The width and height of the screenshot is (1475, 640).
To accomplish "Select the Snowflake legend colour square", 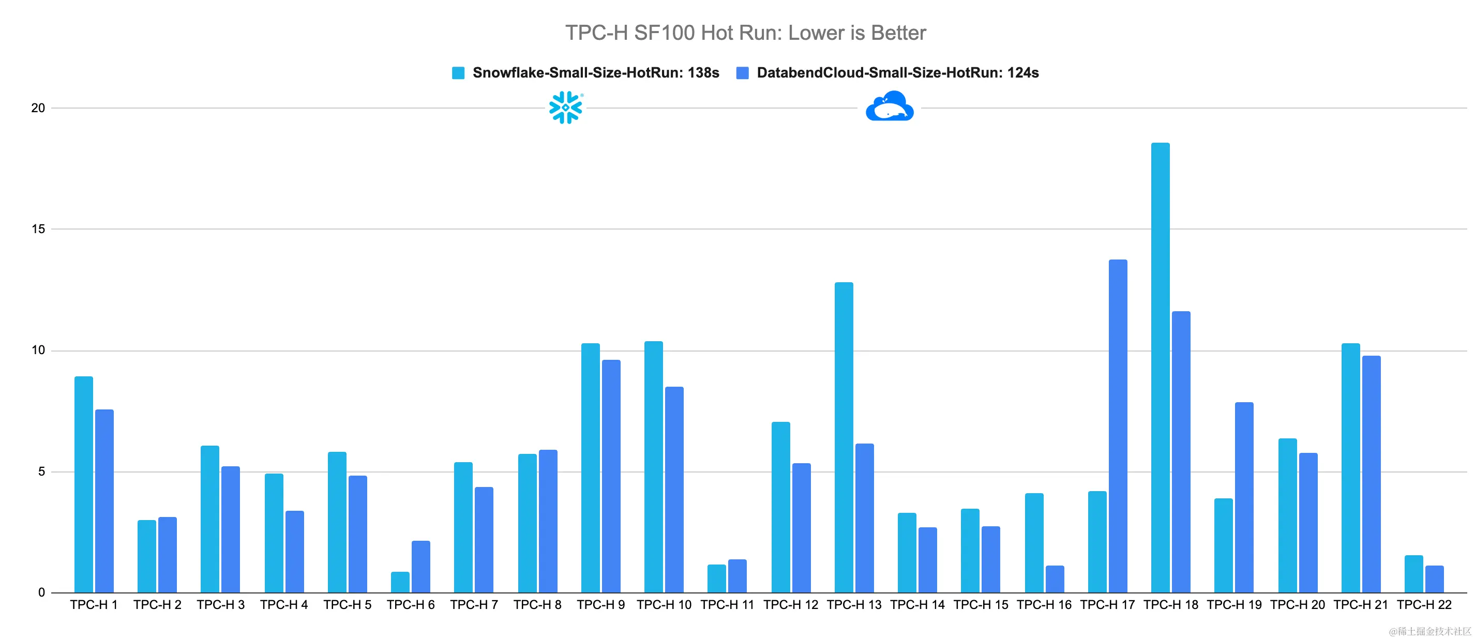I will [x=458, y=73].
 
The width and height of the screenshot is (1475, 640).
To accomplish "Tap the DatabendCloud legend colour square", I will [x=742, y=73].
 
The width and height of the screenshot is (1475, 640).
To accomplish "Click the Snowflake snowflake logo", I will [x=566, y=107].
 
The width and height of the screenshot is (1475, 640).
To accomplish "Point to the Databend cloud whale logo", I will [x=889, y=106].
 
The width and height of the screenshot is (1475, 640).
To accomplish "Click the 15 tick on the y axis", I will [x=38, y=229].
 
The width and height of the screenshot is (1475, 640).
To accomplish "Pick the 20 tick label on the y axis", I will [x=38, y=108].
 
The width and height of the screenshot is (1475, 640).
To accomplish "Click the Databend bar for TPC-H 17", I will [x=1118, y=426].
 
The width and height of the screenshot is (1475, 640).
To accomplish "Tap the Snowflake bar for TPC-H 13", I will [x=844, y=437].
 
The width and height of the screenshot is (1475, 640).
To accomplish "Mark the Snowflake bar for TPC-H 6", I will [x=400, y=582].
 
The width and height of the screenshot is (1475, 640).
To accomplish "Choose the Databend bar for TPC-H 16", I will [x=1055, y=579].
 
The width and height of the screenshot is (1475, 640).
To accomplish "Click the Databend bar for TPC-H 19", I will [x=1244, y=497].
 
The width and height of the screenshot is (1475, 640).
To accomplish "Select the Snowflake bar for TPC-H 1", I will [x=84, y=484].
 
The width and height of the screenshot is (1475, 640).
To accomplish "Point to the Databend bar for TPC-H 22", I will [x=1434, y=579].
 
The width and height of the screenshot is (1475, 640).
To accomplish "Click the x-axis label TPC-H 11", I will [x=727, y=604].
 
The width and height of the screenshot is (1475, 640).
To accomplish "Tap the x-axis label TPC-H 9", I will [x=600, y=604].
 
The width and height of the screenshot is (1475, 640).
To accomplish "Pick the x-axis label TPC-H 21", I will [x=1361, y=604].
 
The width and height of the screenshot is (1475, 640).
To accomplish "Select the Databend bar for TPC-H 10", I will [x=674, y=490].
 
